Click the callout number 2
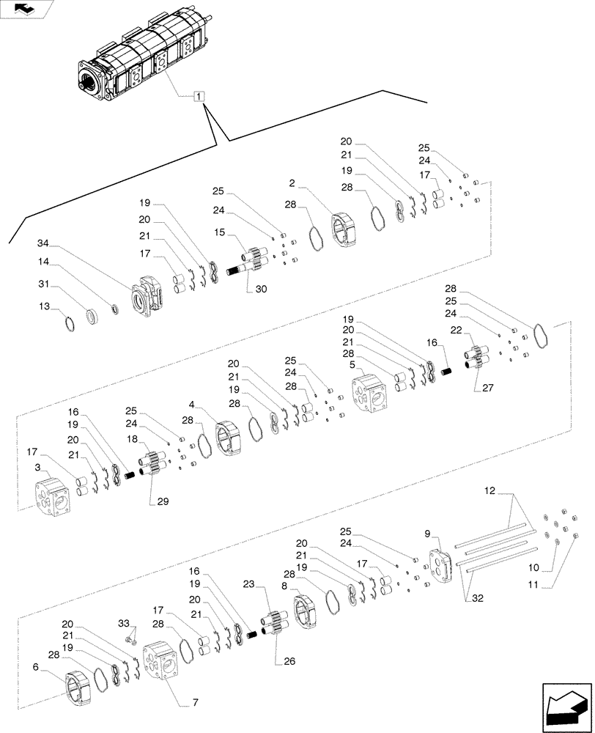pyautogui.click(x=292, y=183)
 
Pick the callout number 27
pyautogui.click(x=489, y=387)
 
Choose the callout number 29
pyautogui.click(x=162, y=501)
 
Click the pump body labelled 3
pyautogui.click(x=53, y=498)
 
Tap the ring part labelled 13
pyautogui.click(x=68, y=322)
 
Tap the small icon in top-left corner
pyautogui.click(x=26, y=9)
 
